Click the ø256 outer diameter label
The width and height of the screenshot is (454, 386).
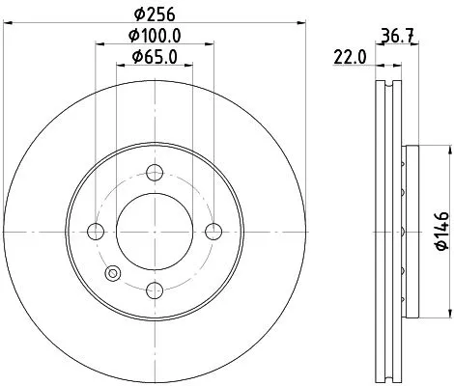click(x=154, y=15)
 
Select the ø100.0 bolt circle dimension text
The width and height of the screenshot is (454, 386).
click(x=154, y=39)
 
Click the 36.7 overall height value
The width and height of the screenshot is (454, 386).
click(x=390, y=39)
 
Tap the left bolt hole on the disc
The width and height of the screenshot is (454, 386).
click(x=96, y=231)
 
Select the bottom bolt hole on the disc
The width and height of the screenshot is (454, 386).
click(x=154, y=289)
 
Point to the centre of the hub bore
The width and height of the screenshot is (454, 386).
click(x=154, y=231)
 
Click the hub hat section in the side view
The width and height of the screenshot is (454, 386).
click(x=410, y=231)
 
